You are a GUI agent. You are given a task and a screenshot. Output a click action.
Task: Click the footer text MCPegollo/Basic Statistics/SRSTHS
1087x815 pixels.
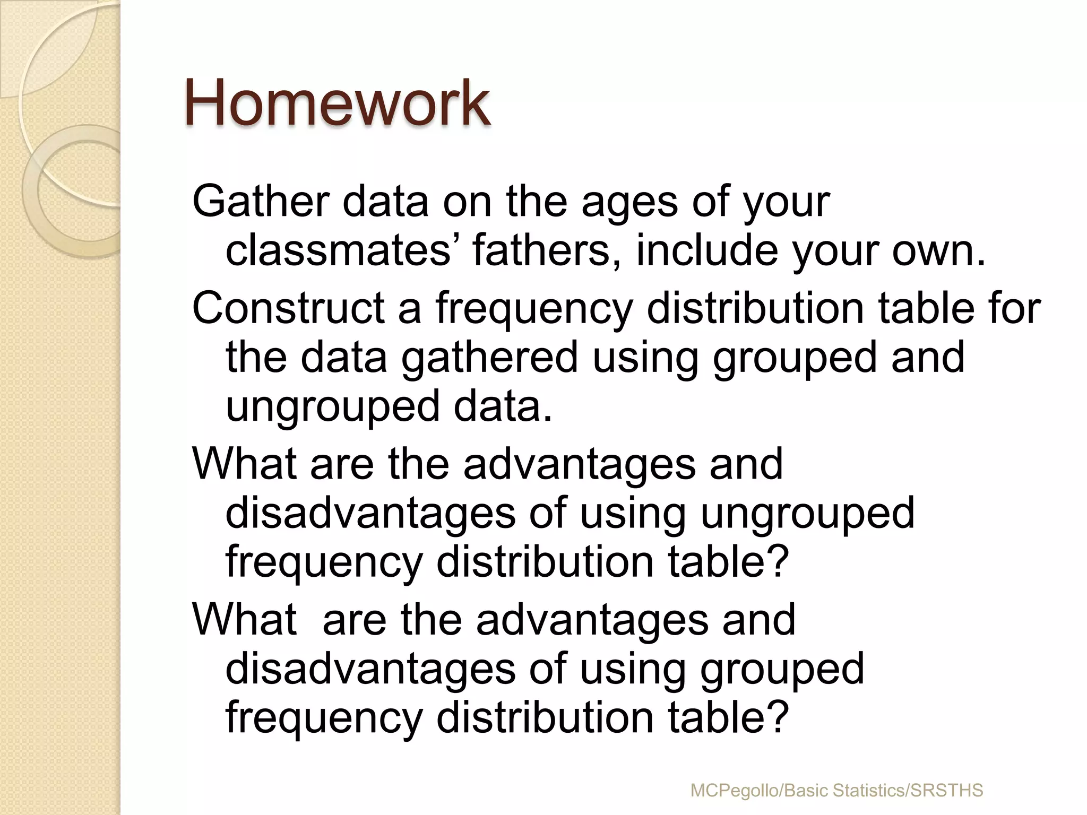point(836,791)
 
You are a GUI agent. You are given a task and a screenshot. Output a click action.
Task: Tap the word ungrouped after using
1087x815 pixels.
point(808,513)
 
